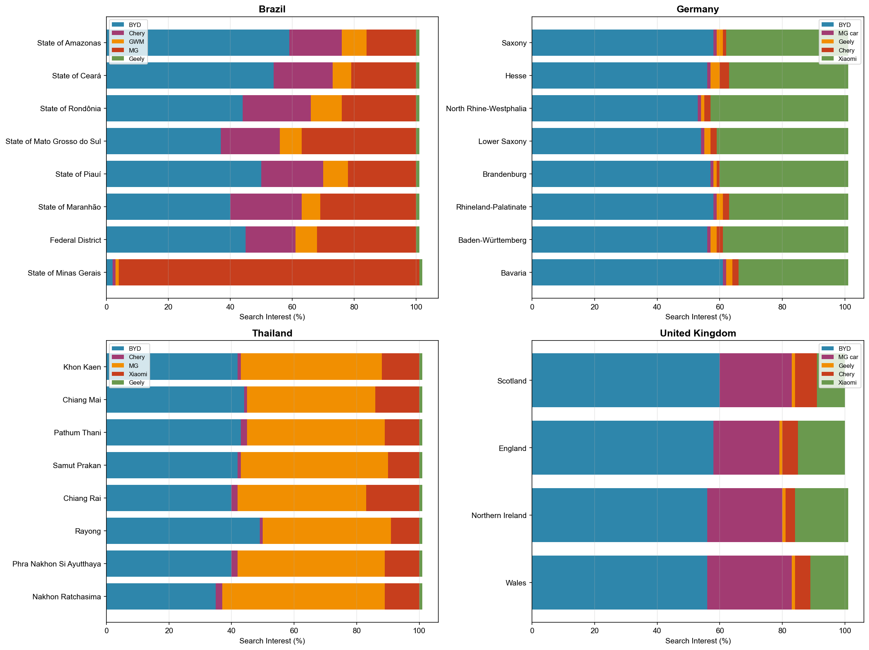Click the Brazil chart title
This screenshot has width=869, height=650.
click(272, 9)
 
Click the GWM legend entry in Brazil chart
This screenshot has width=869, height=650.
click(136, 42)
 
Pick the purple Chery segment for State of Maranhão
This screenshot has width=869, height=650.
click(266, 207)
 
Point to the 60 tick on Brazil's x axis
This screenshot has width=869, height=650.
click(292, 307)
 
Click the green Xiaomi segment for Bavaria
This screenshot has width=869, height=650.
click(793, 272)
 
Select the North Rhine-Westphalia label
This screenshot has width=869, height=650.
click(486, 109)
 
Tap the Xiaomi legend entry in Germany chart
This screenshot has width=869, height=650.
click(847, 59)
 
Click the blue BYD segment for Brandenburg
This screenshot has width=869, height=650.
click(621, 174)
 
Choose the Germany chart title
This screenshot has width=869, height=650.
click(697, 9)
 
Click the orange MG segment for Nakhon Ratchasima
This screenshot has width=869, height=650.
click(303, 596)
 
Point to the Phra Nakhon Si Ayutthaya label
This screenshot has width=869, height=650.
click(56, 564)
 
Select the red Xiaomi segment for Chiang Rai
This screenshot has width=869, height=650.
click(392, 498)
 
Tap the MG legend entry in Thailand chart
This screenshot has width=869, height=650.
click(133, 366)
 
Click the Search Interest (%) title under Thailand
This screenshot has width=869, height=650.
click(272, 641)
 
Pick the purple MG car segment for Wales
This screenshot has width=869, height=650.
click(749, 583)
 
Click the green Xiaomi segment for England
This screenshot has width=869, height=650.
click(821, 448)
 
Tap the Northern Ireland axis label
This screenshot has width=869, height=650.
click(498, 515)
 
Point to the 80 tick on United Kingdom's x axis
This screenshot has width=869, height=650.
click(782, 630)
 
